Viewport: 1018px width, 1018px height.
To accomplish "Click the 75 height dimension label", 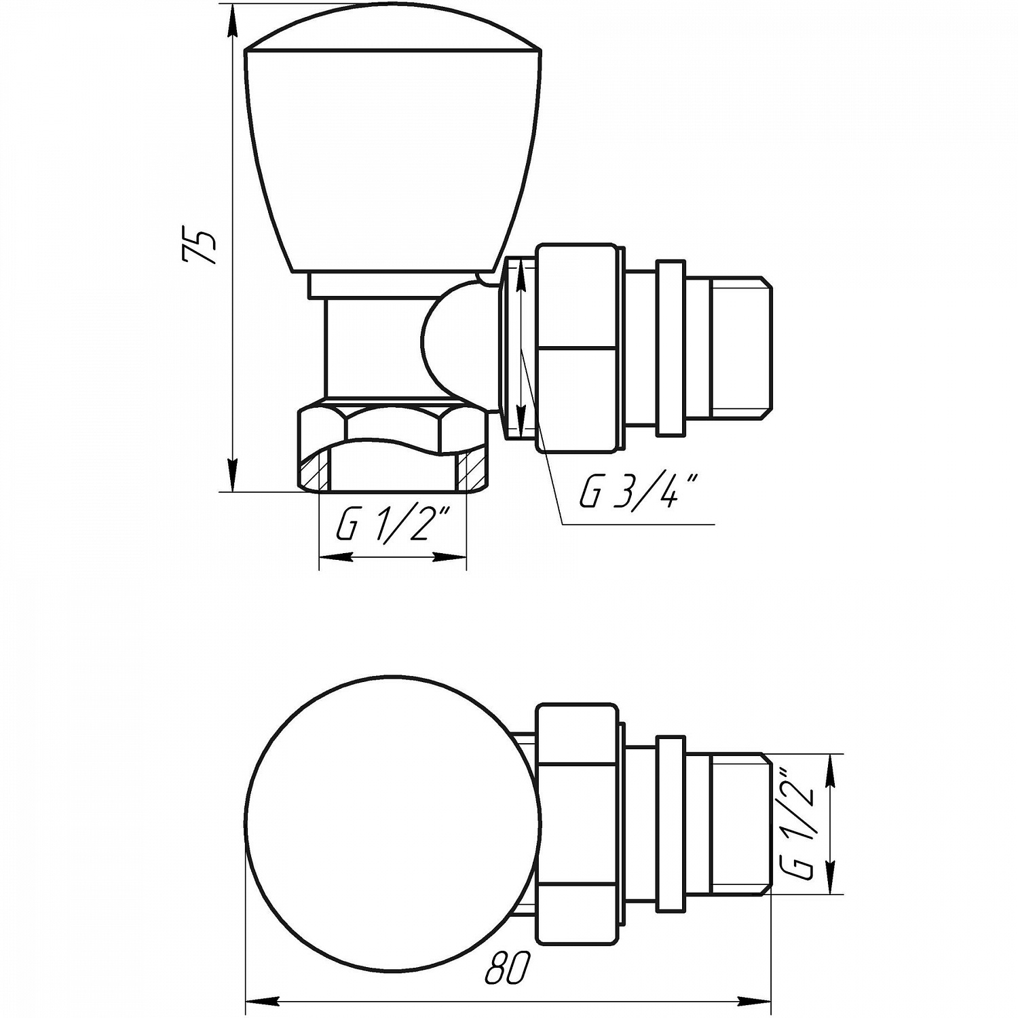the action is pos(199,246).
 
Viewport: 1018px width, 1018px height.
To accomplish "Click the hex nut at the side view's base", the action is pos(394,447).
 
